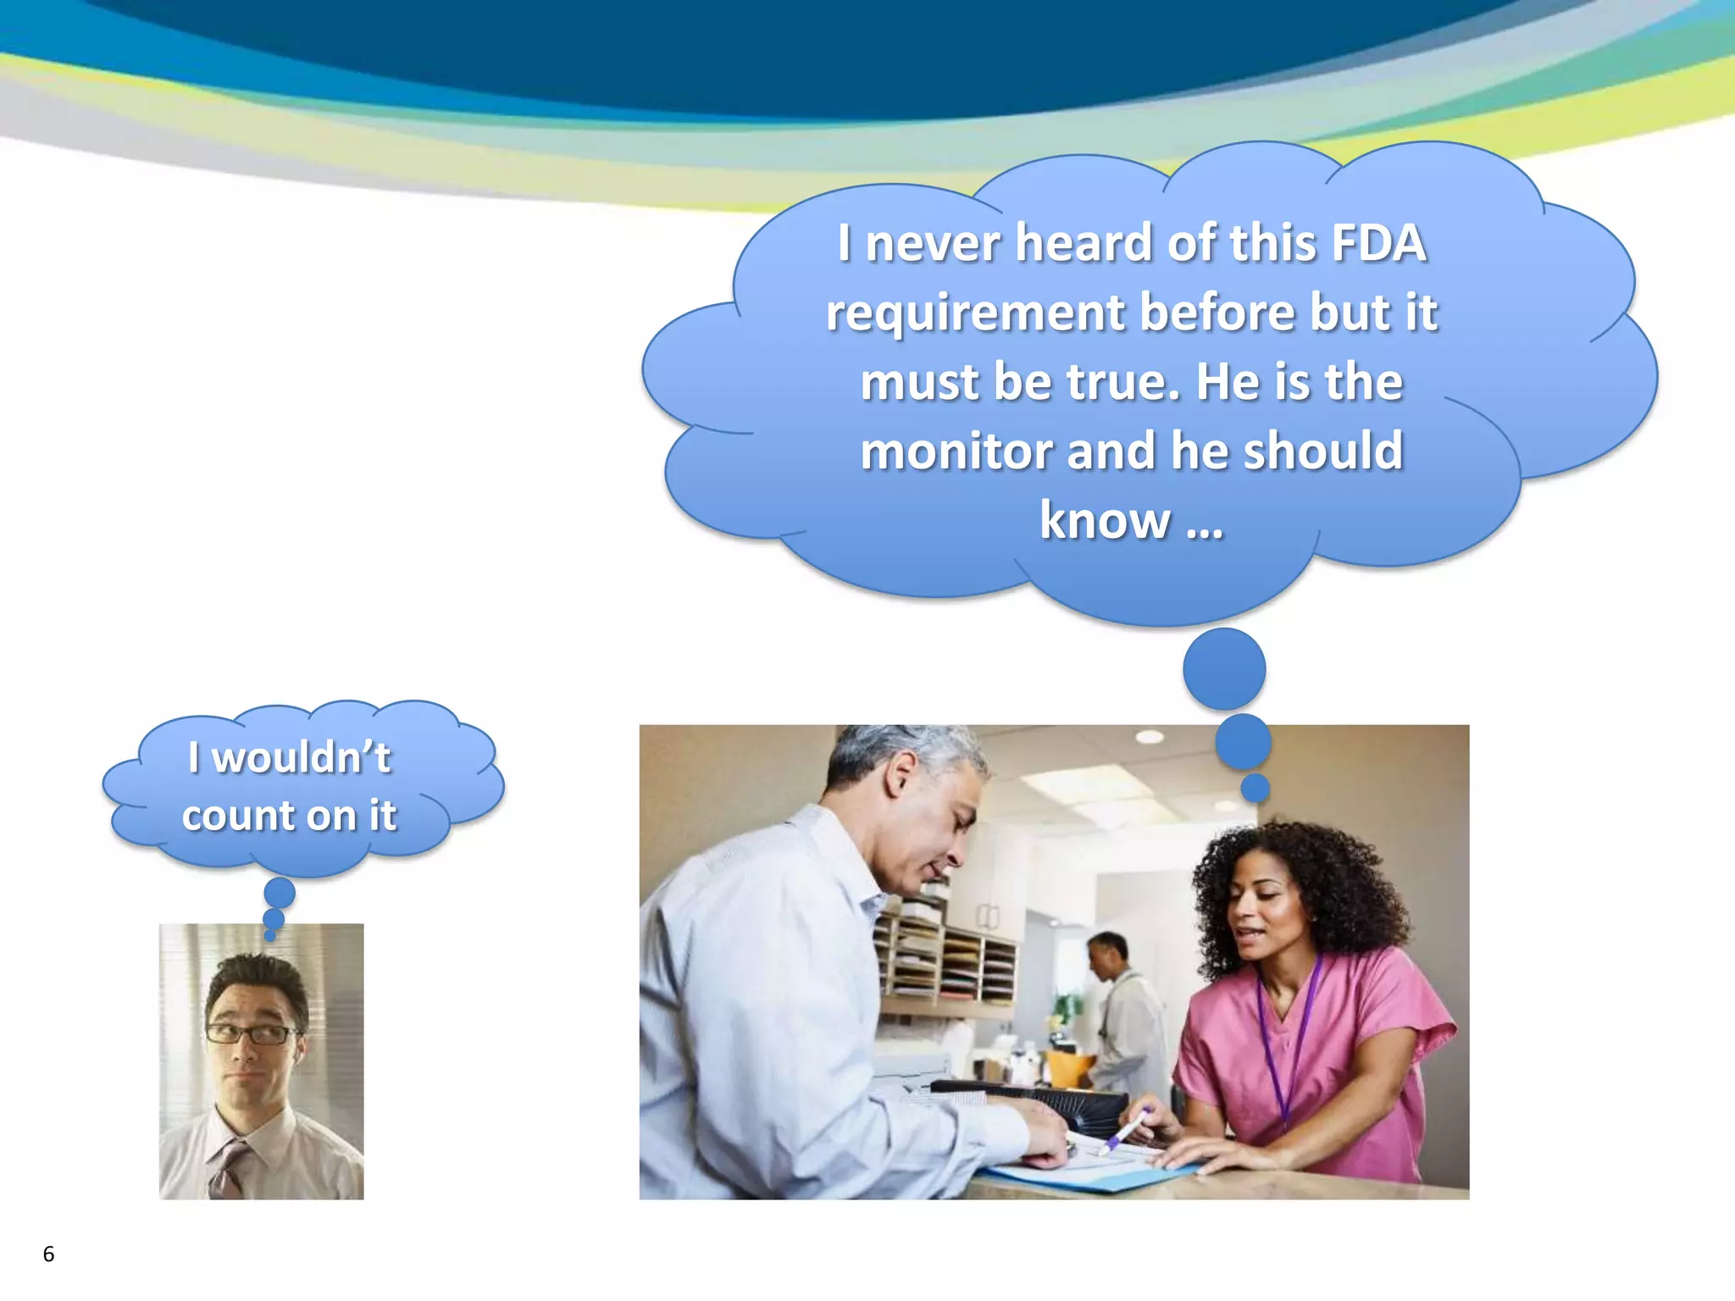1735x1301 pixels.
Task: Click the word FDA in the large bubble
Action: (1378, 244)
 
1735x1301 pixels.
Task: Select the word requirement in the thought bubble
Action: (977, 313)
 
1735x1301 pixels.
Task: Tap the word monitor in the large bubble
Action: (956, 451)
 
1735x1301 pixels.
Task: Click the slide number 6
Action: (48, 1254)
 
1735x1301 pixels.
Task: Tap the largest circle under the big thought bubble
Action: (1224, 669)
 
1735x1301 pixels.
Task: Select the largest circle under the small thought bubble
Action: (280, 893)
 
